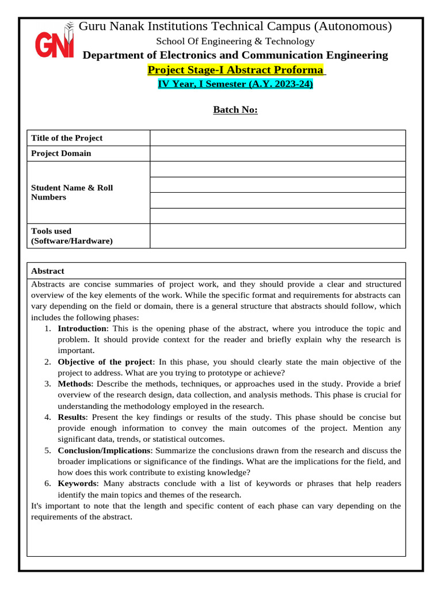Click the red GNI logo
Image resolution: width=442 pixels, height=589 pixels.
[54, 43]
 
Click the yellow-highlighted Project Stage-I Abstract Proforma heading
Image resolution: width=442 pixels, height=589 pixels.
[235, 70]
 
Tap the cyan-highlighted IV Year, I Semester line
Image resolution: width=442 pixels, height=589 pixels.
[235, 84]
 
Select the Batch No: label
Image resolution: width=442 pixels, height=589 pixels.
[235, 110]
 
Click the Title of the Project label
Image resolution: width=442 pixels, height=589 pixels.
[67, 138]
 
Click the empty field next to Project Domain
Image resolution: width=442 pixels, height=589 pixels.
[277, 154]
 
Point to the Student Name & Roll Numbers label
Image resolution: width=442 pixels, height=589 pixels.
[72, 193]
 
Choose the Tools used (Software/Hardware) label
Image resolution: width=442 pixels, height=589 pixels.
[72, 236]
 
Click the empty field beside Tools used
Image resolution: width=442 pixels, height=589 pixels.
[277, 236]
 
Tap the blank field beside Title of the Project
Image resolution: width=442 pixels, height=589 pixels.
[277, 138]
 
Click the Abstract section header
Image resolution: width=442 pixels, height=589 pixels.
[48, 271]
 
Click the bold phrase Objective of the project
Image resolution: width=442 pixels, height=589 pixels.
[105, 362]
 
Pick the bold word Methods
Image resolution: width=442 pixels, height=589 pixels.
[74, 384]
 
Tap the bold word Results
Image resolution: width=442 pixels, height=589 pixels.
[72, 417]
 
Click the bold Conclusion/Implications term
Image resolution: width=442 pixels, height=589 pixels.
[104, 450]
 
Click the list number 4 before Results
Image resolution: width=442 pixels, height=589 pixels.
[47, 417]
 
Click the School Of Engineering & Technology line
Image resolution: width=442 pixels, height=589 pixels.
[235, 41]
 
